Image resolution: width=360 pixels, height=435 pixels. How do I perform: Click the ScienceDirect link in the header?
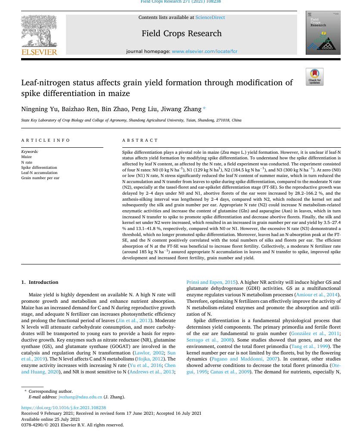pyautogui.click(x=210, y=18)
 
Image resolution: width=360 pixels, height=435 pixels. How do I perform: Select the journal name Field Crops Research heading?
pyautogui.click(x=181, y=34)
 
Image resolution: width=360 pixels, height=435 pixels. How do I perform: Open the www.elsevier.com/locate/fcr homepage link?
pyautogui.click(x=205, y=52)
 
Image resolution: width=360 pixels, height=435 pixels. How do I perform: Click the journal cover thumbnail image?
pyautogui.click(x=323, y=33)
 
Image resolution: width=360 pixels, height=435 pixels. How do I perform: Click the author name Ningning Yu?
pyautogui.click(x=40, y=109)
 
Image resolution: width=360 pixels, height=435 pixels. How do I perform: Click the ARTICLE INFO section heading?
pyautogui.click(x=45, y=140)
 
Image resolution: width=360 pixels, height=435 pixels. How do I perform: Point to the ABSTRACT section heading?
pyautogui.click(x=140, y=140)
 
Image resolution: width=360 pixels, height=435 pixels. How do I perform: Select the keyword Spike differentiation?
pyautogui.click(x=39, y=168)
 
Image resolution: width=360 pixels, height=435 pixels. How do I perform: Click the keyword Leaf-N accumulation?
pyautogui.click(x=39, y=173)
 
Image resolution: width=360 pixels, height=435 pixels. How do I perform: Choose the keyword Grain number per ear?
pyautogui.click(x=40, y=178)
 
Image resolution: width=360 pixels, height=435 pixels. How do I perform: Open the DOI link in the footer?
pyautogui.click(x=63, y=407)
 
